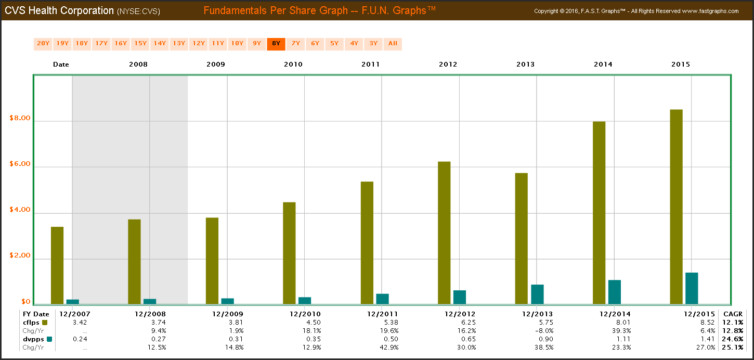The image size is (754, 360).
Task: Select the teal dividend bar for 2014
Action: pos(614,292)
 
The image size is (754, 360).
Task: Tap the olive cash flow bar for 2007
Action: pos(57,265)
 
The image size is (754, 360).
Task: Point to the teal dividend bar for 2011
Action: pos(382,299)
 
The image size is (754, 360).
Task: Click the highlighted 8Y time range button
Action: pos(276,44)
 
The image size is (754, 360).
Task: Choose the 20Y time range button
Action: pos(43,44)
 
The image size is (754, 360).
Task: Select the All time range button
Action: pos(393,44)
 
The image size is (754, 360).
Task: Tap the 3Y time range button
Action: pos(373,44)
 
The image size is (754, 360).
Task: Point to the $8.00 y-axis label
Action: pos(20,119)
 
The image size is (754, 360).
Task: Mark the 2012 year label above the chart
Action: pos(448,65)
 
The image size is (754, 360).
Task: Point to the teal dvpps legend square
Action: pos(49,339)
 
